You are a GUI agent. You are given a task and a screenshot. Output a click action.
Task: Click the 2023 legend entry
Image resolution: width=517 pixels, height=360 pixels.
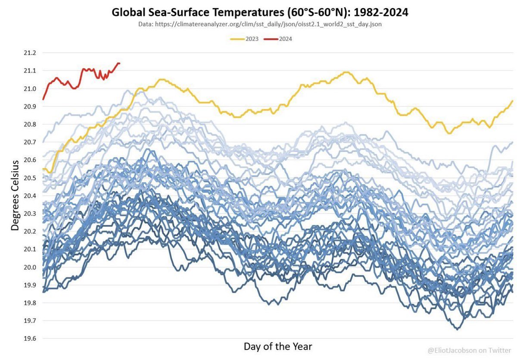(x=244, y=39)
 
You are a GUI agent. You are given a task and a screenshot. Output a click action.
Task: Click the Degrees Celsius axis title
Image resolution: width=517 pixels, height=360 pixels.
(x=15, y=195)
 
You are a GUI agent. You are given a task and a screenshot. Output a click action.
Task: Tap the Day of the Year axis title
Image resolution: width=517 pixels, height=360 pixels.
(x=278, y=346)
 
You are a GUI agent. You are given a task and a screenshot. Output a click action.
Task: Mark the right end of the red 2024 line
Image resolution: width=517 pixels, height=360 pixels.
(x=119, y=63)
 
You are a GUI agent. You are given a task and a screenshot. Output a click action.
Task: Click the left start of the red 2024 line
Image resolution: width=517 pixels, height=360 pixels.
(x=43, y=99)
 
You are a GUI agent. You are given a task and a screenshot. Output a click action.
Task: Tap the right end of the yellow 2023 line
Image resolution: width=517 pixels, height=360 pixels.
(x=513, y=100)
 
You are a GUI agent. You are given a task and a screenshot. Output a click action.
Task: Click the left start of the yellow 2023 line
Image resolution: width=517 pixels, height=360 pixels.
(x=43, y=169)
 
